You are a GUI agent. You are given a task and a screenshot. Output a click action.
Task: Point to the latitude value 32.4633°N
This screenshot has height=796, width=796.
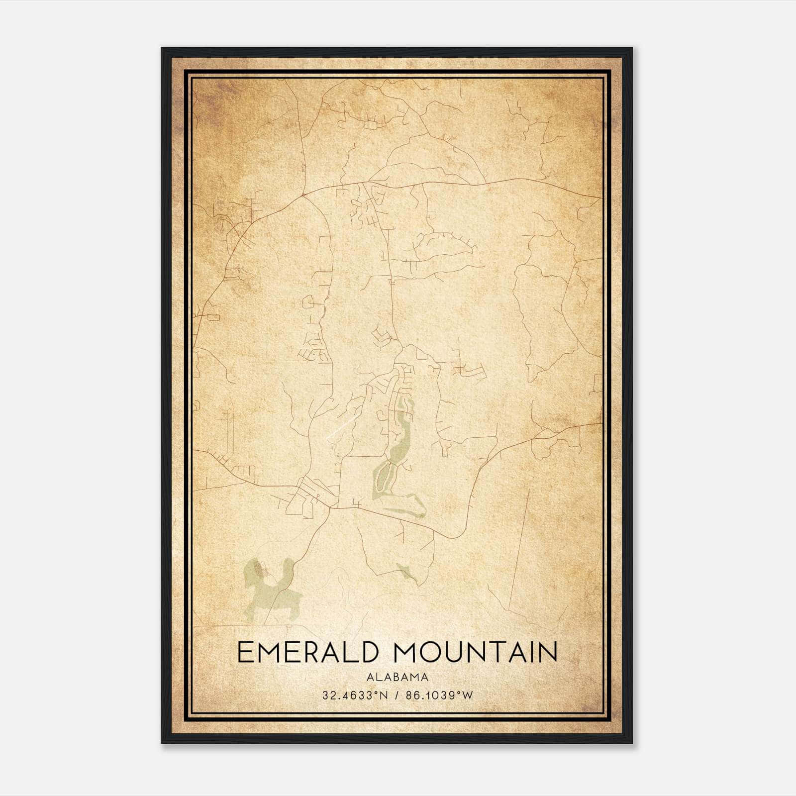pyautogui.click(x=355, y=696)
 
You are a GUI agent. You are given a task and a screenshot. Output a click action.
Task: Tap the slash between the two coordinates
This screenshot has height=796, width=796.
pyautogui.click(x=397, y=696)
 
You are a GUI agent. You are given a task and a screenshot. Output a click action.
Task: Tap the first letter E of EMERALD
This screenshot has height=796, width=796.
pyautogui.click(x=246, y=652)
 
